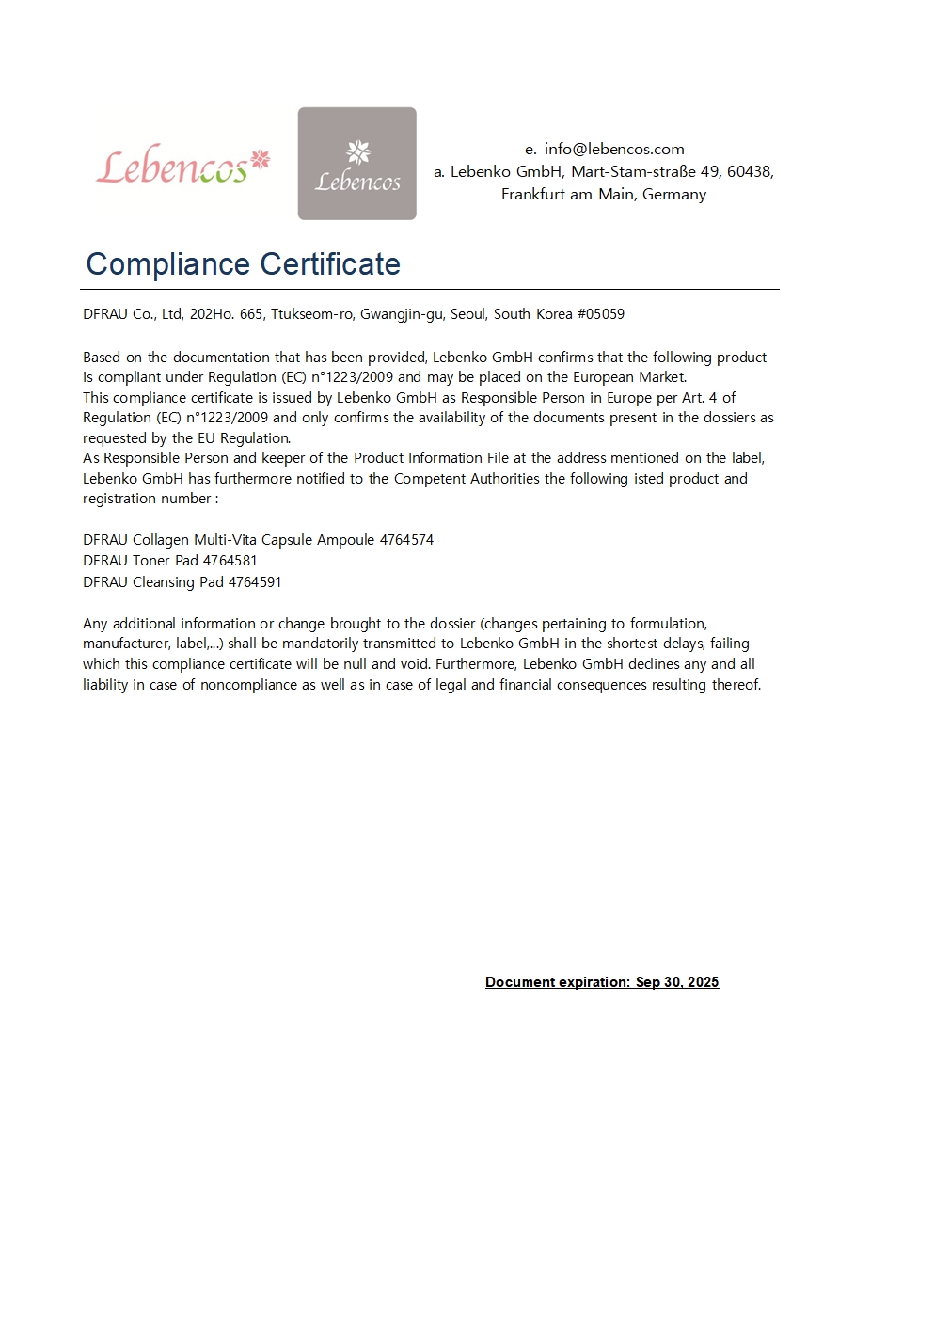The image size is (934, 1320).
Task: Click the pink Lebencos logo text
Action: (x=182, y=167)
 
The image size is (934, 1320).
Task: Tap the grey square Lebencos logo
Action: (x=356, y=164)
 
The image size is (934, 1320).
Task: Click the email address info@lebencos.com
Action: (x=613, y=149)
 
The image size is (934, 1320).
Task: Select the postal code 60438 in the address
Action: (x=749, y=171)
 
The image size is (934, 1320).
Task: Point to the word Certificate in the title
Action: (x=329, y=264)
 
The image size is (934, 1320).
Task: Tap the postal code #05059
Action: (x=601, y=314)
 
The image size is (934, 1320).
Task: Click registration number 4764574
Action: (x=406, y=540)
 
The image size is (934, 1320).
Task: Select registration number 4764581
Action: (x=230, y=561)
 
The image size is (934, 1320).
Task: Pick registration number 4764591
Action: (x=255, y=582)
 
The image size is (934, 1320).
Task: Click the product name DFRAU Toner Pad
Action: (x=141, y=561)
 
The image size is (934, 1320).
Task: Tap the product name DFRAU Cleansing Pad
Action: (x=153, y=582)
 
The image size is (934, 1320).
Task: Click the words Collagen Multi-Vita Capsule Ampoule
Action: (x=254, y=540)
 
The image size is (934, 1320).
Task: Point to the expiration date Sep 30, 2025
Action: (x=677, y=982)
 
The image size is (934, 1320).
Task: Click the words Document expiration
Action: (x=557, y=982)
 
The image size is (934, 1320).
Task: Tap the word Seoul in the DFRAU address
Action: (x=468, y=314)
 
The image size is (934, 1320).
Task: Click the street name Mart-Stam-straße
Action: (x=633, y=171)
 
